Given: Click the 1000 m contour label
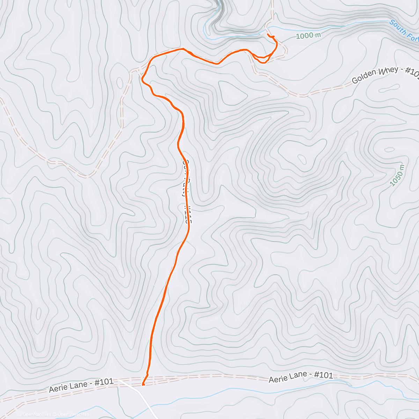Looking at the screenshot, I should [x=308, y=35].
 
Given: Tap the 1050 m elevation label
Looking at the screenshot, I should [x=397, y=175].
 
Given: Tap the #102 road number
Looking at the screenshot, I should [x=412, y=72].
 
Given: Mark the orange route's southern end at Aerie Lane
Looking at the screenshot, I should [x=143, y=385].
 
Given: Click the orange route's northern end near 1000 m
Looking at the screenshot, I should [x=268, y=35].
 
